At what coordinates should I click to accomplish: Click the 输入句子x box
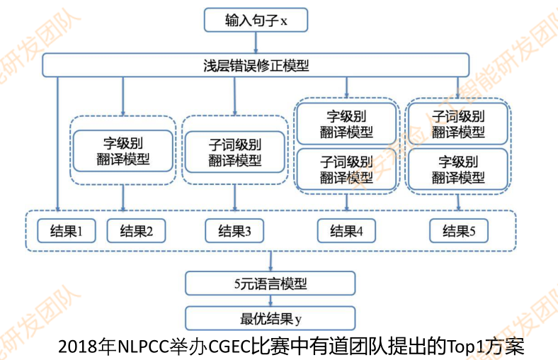[x=256, y=21]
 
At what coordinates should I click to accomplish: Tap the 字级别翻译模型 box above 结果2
[x=123, y=150]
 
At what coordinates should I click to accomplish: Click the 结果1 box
[x=65, y=230]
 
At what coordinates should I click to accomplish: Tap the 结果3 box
[x=234, y=230]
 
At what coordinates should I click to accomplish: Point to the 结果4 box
[x=346, y=230]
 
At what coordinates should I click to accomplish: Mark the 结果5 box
[x=458, y=230]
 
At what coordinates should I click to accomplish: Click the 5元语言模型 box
[x=270, y=284]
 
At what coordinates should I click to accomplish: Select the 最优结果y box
[x=270, y=316]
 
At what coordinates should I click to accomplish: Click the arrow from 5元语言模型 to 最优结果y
[x=270, y=300]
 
